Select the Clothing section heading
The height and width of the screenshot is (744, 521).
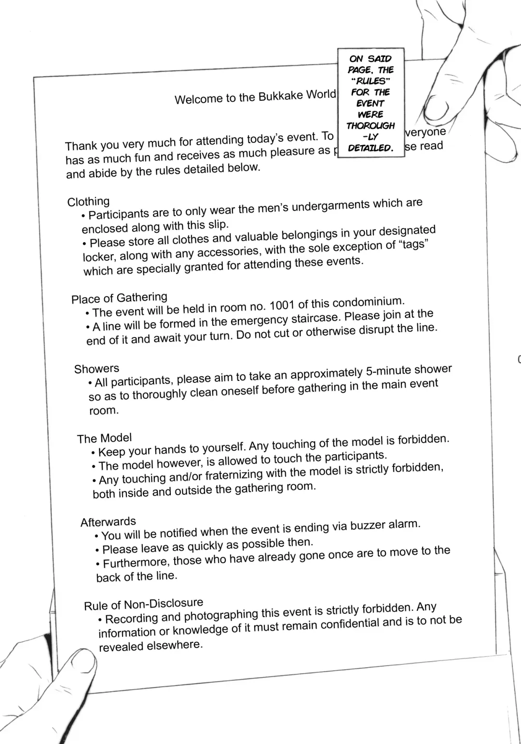click(88, 202)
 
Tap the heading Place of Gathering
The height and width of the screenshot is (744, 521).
click(119, 298)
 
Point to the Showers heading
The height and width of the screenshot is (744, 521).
click(96, 369)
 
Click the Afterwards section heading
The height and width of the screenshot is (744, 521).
click(108, 522)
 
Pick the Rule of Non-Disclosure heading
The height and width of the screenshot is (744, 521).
click(143, 605)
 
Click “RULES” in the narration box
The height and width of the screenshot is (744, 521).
click(370, 81)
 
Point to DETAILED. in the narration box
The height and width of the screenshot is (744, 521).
click(370, 148)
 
